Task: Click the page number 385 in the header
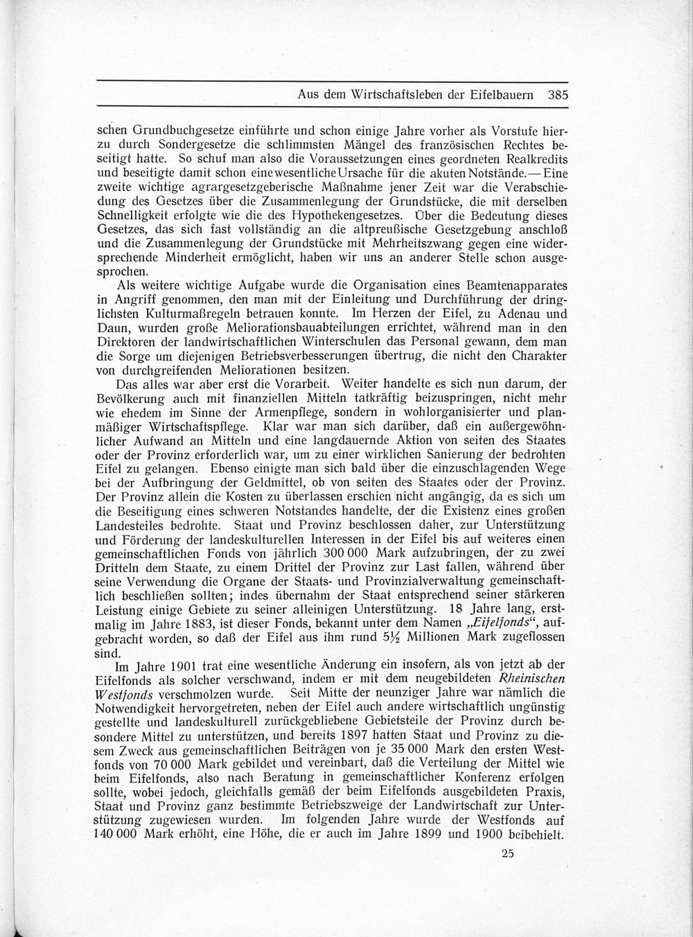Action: (x=556, y=96)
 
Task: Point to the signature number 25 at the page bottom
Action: (x=507, y=854)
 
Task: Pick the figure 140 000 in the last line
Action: (x=118, y=836)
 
